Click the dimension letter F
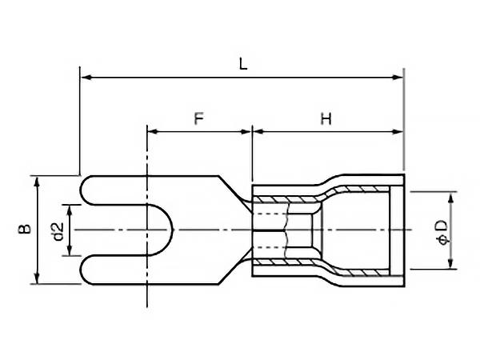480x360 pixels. (x=200, y=118)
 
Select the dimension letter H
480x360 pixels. (x=326, y=118)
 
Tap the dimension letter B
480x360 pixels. (x=25, y=230)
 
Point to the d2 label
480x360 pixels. (x=57, y=230)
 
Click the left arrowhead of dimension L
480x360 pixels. (x=86, y=78)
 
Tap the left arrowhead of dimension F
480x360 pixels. (x=152, y=130)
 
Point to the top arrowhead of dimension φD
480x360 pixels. (x=450, y=197)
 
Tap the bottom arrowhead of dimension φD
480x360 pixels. (x=450, y=264)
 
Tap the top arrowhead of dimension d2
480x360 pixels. (x=71, y=210)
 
